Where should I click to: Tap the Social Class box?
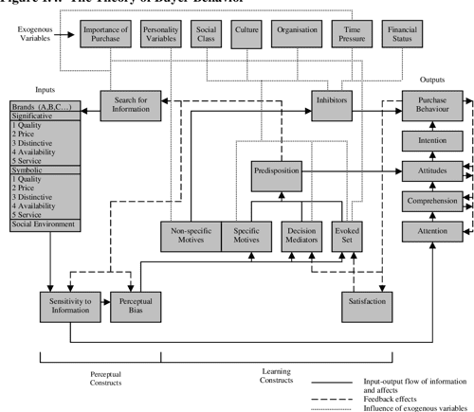[207, 37]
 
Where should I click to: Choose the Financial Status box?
[403, 37]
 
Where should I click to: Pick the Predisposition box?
[277, 172]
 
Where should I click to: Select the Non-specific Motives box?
[190, 233]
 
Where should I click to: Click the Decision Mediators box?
[303, 233]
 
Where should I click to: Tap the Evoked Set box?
[348, 233]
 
